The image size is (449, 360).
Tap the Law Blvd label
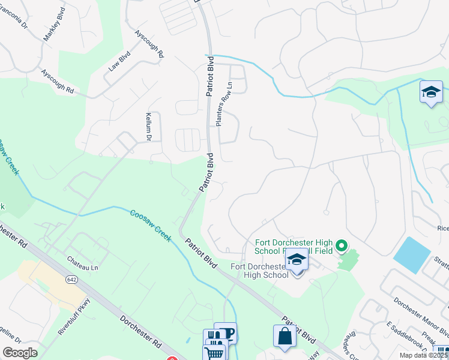pos(119,61)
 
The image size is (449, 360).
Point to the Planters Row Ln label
pos(223,103)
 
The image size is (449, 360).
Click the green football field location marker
pos(342,245)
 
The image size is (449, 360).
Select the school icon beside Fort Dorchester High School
pos(296,260)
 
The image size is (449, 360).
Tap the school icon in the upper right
pos(430,92)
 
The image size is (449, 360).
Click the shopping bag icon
pos(285,337)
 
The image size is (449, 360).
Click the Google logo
pos(20,353)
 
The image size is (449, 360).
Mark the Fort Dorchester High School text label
pos(260,271)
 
